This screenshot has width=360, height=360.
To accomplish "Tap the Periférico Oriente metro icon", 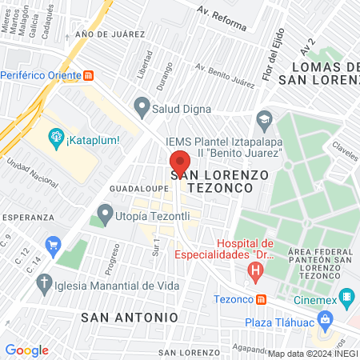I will (x=89, y=75).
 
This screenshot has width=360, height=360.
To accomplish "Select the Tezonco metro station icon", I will (x=262, y=299).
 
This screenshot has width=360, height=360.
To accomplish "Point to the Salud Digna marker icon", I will (x=142, y=105).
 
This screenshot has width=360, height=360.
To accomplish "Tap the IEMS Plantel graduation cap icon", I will (x=263, y=122).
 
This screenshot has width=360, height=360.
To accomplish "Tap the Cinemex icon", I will (x=347, y=300).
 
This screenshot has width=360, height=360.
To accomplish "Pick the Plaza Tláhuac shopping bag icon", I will (x=325, y=321).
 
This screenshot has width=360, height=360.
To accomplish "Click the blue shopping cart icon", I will (x=54, y=243).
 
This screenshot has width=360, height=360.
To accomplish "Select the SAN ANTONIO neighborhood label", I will (x=130, y=317).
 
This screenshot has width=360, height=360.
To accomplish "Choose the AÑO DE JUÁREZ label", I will (x=110, y=35).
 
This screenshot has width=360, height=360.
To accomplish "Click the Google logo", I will (x=26, y=350).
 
